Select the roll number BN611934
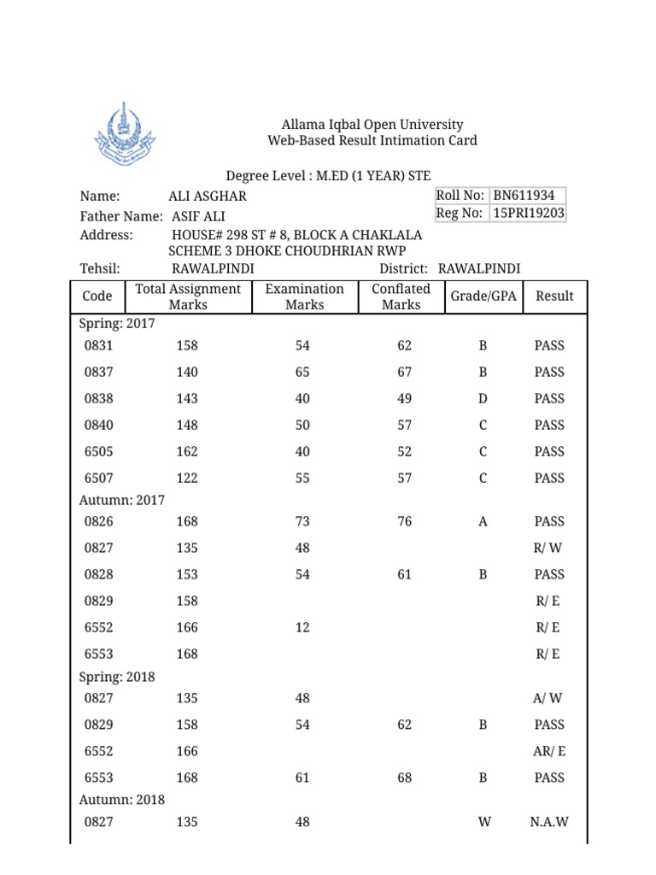click(x=528, y=196)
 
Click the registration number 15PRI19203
click(x=528, y=213)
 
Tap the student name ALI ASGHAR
click(x=208, y=197)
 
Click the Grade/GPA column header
click(x=483, y=297)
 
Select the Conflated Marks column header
click(x=401, y=297)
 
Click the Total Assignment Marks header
click(x=188, y=297)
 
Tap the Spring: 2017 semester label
click(x=117, y=325)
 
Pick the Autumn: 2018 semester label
click(x=122, y=800)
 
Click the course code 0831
click(x=99, y=346)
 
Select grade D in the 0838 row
click(x=483, y=399)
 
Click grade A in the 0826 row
click(x=483, y=521)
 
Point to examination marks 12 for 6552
click(x=302, y=627)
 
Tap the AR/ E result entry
click(x=548, y=751)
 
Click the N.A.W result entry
click(x=548, y=822)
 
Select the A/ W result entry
click(x=548, y=698)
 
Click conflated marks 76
click(x=404, y=521)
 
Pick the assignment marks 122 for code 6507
click(x=187, y=479)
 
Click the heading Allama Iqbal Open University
click(x=372, y=125)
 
